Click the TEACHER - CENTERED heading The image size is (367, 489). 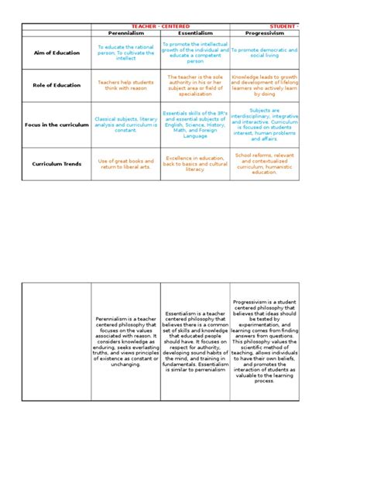click(x=161, y=26)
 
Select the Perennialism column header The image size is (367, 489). click(x=125, y=34)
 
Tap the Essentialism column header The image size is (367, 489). click(x=195, y=34)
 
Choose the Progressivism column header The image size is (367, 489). click(x=265, y=34)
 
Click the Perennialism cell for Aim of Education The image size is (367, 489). click(x=125, y=52)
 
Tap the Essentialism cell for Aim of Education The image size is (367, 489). click(x=195, y=52)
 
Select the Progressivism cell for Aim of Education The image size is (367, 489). click(x=265, y=52)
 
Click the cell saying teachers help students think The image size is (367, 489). click(x=125, y=84)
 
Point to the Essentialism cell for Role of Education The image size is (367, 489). click(x=195, y=84)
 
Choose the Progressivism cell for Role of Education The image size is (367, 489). click(x=265, y=84)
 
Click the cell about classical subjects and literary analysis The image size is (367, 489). click(x=125, y=124)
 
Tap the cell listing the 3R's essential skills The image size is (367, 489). click(x=195, y=124)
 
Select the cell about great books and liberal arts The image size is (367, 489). click(x=125, y=164)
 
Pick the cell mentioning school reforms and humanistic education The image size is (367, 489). click(x=265, y=164)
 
